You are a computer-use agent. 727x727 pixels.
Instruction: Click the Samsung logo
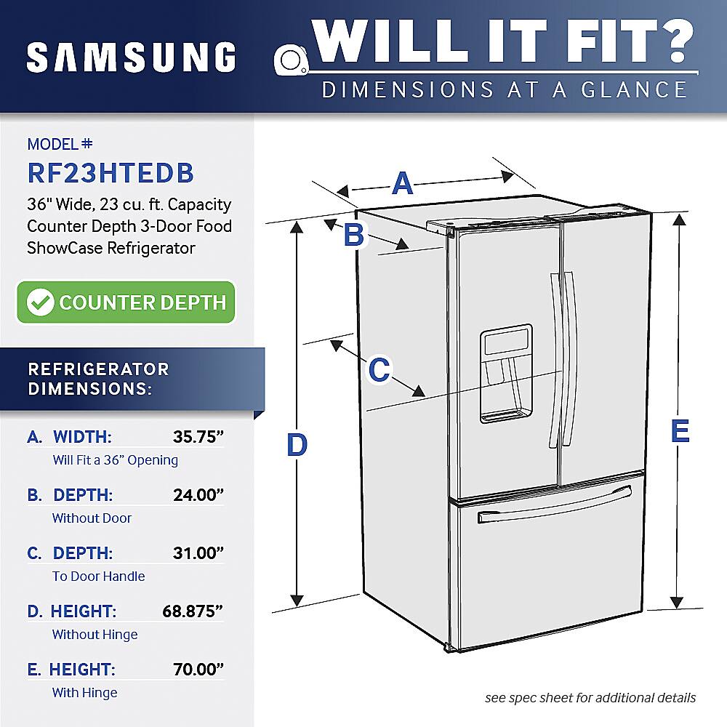(132, 57)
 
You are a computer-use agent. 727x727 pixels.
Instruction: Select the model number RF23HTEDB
(111, 173)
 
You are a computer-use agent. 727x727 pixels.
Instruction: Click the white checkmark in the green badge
(40, 302)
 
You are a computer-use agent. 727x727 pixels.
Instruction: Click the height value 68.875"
(192, 611)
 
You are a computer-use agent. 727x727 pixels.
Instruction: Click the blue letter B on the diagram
(353, 235)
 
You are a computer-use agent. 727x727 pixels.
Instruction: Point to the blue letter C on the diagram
(379, 369)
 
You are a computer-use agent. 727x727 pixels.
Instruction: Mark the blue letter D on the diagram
(297, 444)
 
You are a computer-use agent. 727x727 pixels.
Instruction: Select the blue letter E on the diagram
(679, 431)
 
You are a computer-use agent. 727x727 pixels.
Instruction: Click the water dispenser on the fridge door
(505, 373)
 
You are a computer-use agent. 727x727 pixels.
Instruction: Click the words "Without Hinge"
(95, 635)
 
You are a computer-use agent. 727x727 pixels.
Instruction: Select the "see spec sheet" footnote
(590, 698)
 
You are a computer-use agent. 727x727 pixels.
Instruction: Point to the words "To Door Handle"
(98, 577)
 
